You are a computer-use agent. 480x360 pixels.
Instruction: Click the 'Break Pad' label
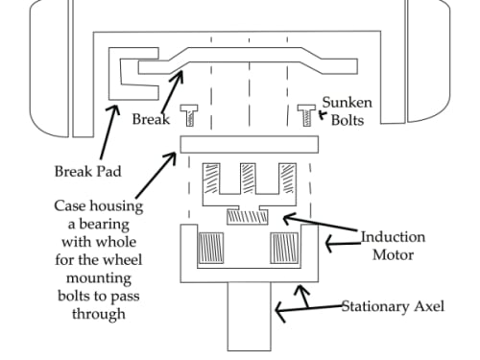pyautogui.click(x=88, y=171)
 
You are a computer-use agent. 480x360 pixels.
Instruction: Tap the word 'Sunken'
pyautogui.click(x=348, y=103)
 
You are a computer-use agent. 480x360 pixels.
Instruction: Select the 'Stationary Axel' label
pyautogui.click(x=393, y=306)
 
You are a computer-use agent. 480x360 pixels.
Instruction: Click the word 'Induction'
pyautogui.click(x=393, y=237)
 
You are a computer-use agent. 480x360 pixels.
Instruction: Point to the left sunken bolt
pyautogui.click(x=189, y=115)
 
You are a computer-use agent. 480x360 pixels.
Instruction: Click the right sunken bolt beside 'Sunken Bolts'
pyautogui.click(x=306, y=115)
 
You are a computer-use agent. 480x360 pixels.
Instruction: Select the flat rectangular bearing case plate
pyautogui.click(x=250, y=145)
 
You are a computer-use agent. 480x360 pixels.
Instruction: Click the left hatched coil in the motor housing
pyautogui.click(x=211, y=248)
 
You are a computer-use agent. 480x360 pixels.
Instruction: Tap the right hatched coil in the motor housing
pyautogui.click(x=284, y=248)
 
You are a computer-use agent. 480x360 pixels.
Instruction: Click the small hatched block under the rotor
pyautogui.click(x=248, y=217)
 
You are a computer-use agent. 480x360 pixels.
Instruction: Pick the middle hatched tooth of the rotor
pyautogui.click(x=248, y=179)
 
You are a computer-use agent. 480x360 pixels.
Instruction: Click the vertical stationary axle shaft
pyautogui.click(x=250, y=317)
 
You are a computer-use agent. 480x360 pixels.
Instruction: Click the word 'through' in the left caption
pyautogui.click(x=99, y=314)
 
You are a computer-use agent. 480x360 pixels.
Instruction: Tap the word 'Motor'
pyautogui.click(x=393, y=255)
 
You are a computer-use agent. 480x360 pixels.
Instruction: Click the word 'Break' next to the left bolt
pyautogui.click(x=151, y=119)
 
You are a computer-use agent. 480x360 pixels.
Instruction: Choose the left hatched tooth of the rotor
pyautogui.click(x=211, y=179)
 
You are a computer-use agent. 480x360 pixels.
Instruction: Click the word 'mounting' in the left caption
pyautogui.click(x=99, y=278)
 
